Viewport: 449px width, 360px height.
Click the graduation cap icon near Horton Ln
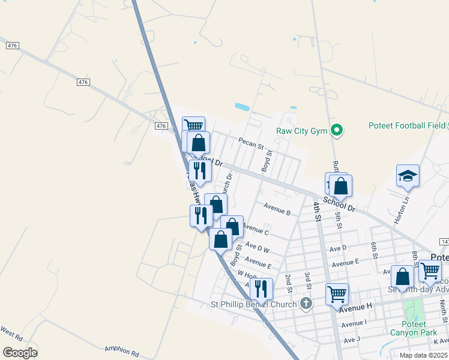[x=408, y=176]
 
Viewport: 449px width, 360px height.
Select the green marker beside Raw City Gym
[x=337, y=130]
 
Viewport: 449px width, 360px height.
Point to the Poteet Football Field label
[x=406, y=126]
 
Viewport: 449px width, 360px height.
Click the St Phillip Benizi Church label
[x=253, y=304]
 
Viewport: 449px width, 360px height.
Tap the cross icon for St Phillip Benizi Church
[x=306, y=304]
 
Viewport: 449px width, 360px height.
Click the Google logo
[x=20, y=352]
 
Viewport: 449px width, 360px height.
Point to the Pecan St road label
[x=251, y=144]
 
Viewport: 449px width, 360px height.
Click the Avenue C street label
[x=256, y=229]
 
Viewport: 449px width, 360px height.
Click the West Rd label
[x=11, y=331]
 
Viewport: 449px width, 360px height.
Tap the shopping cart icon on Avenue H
[x=337, y=294]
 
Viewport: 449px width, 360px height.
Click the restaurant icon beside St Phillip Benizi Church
[x=261, y=289]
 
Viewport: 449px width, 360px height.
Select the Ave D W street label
[x=258, y=247]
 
